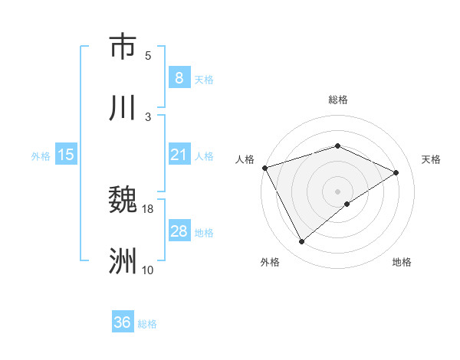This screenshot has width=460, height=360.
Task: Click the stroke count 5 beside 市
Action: (148, 55)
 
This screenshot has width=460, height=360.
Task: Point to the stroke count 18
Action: (148, 208)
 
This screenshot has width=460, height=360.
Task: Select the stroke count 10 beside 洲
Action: (148, 270)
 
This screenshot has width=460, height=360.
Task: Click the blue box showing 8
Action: (179, 78)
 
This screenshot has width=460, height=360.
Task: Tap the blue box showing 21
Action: (179, 155)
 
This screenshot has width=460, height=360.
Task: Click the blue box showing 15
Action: (66, 155)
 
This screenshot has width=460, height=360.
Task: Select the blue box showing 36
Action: (123, 322)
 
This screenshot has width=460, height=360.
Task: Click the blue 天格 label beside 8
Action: (204, 80)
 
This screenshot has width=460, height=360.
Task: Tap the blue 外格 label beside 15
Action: (41, 156)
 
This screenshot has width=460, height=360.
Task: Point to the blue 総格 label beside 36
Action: (148, 324)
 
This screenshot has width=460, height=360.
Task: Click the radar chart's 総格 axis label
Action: (337, 100)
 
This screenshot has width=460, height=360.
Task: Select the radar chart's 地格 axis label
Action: (402, 263)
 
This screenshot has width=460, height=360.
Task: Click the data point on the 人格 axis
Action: (264, 168)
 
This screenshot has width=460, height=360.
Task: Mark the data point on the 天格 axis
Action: (396, 172)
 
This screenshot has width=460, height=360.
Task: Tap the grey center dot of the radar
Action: (337, 191)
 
